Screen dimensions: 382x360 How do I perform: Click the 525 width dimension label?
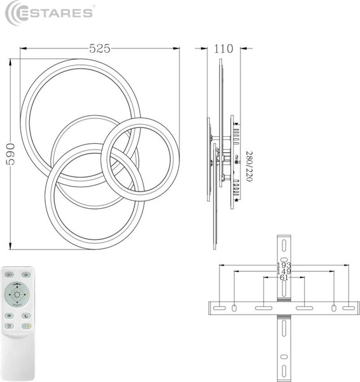pyautogui.click(x=100, y=48)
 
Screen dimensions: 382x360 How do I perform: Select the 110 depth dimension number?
pyautogui.click(x=224, y=48)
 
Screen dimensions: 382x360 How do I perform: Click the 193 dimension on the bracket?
pyautogui.click(x=283, y=265)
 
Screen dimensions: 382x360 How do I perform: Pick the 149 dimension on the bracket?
pyautogui.click(x=283, y=272)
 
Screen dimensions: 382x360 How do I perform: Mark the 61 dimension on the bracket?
pyautogui.click(x=283, y=278)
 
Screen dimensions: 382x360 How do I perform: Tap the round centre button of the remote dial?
pyautogui.click(x=18, y=295)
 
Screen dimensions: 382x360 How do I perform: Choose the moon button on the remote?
pyautogui.click(x=26, y=315)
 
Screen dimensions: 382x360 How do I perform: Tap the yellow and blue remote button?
pyautogui.click(x=26, y=326)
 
